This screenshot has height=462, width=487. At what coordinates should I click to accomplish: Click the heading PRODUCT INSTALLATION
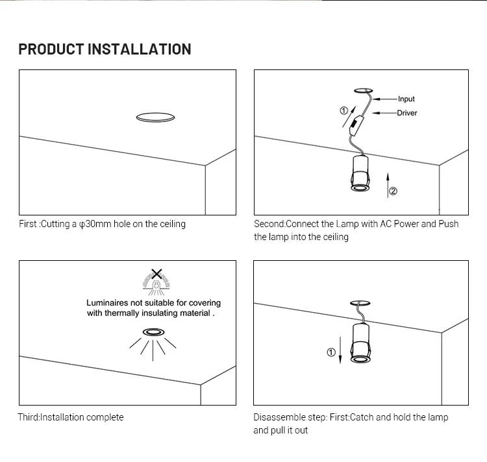point(105,49)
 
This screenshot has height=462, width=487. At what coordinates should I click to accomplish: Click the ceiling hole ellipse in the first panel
point(155,117)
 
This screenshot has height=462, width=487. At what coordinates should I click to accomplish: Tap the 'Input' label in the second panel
point(406,99)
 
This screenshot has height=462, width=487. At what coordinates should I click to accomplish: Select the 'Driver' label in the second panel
point(407,113)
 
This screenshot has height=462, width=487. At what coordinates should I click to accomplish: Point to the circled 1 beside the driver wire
point(344,111)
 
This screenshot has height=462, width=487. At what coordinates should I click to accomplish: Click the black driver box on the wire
point(356,121)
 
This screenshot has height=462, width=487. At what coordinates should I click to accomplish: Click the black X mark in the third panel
point(156,274)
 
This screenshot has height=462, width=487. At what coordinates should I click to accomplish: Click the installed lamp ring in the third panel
point(154,332)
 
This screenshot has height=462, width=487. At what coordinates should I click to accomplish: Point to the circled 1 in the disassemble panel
point(331,352)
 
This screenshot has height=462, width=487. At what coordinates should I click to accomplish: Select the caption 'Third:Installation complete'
point(70,417)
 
